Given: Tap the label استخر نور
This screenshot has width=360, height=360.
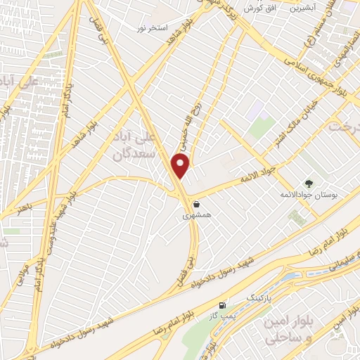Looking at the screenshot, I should pyautogui.click(x=153, y=27).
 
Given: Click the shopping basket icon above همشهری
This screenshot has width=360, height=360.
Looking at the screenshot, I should pyautogui.click(x=196, y=204).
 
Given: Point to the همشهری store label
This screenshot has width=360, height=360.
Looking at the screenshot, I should pyautogui.click(x=196, y=217).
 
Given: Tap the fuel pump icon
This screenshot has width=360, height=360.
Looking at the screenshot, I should pyautogui.click(x=223, y=305).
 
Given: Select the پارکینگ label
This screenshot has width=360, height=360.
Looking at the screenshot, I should pyautogui.click(x=255, y=298).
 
